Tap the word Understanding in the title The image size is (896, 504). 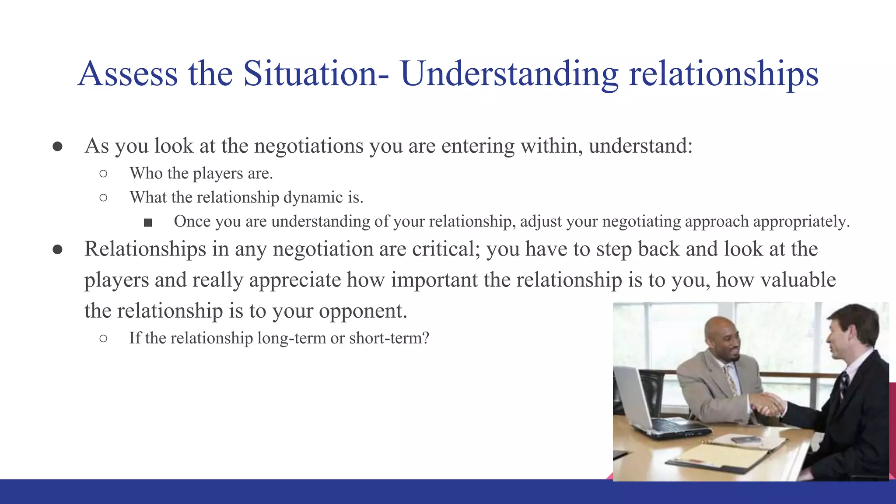[x=509, y=73]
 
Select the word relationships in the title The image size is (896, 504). [x=723, y=73]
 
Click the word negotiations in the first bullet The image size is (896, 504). [x=308, y=146]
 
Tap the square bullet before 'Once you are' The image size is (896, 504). [x=148, y=223]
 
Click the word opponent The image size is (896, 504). [x=363, y=311]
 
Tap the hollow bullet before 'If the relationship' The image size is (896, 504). [x=103, y=338]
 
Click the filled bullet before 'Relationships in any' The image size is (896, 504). [x=57, y=250]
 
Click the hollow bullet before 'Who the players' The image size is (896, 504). [x=103, y=174]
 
